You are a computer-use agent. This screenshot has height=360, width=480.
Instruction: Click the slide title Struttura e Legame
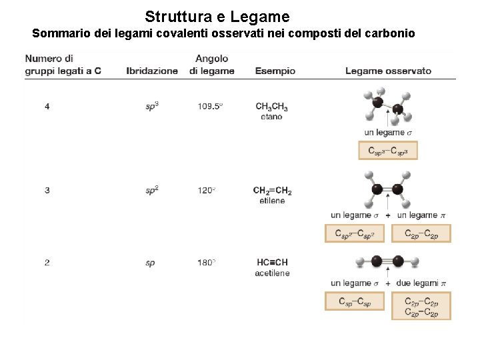point(217,16)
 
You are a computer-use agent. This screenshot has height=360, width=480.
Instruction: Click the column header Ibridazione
point(152,71)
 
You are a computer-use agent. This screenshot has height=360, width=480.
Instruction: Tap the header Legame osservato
point(388,71)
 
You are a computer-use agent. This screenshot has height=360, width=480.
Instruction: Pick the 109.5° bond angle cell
point(210,106)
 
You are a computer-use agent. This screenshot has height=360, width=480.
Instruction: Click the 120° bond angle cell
point(206,191)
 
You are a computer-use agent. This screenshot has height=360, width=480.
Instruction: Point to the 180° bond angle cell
point(206,263)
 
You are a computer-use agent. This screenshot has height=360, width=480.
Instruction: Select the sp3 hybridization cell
point(152,106)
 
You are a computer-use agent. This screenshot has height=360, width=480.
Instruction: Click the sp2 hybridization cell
point(152,191)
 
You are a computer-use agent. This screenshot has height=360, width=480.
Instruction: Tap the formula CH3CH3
point(271,106)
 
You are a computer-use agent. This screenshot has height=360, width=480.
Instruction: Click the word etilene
point(272,201)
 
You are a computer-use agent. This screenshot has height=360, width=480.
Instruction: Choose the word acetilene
point(272,273)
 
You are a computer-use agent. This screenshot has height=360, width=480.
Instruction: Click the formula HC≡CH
point(271,263)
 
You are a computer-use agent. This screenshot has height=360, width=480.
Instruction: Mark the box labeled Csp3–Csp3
point(388,151)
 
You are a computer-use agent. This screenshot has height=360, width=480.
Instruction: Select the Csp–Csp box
point(355,302)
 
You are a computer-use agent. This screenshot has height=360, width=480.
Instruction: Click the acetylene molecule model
point(387,261)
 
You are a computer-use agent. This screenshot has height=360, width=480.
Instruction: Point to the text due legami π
point(421,283)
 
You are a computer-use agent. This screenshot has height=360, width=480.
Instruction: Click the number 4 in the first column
point(47,106)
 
